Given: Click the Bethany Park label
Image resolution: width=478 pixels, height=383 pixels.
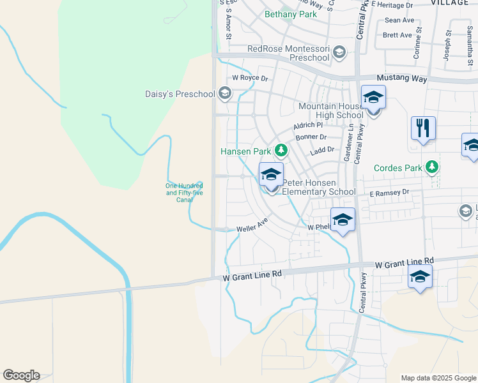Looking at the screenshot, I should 290,14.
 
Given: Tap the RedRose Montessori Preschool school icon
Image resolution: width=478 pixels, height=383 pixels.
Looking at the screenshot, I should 339,52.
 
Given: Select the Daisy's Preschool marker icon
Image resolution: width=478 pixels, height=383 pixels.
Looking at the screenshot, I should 224,94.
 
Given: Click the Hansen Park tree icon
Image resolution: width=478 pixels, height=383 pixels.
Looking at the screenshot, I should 281,151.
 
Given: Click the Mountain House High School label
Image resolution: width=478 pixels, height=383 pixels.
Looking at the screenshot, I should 330,110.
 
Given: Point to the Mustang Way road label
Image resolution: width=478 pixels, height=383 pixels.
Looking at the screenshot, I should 401,78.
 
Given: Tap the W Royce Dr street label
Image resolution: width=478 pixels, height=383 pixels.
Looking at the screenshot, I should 250,79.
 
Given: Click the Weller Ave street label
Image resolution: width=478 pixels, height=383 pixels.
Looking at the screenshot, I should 252,226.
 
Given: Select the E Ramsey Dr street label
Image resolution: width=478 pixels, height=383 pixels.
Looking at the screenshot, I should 388,192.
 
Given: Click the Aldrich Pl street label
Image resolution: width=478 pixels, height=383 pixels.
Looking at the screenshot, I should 308,126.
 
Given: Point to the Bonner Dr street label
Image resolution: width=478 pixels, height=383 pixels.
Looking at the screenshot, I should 311,137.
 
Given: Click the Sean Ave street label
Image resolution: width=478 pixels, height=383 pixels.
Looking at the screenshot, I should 399,20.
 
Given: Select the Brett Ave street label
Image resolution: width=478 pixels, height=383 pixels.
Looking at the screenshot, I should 397,35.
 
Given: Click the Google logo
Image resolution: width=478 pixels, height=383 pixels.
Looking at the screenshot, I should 21,375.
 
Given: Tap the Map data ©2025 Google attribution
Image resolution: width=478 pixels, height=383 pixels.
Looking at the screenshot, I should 438,378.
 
